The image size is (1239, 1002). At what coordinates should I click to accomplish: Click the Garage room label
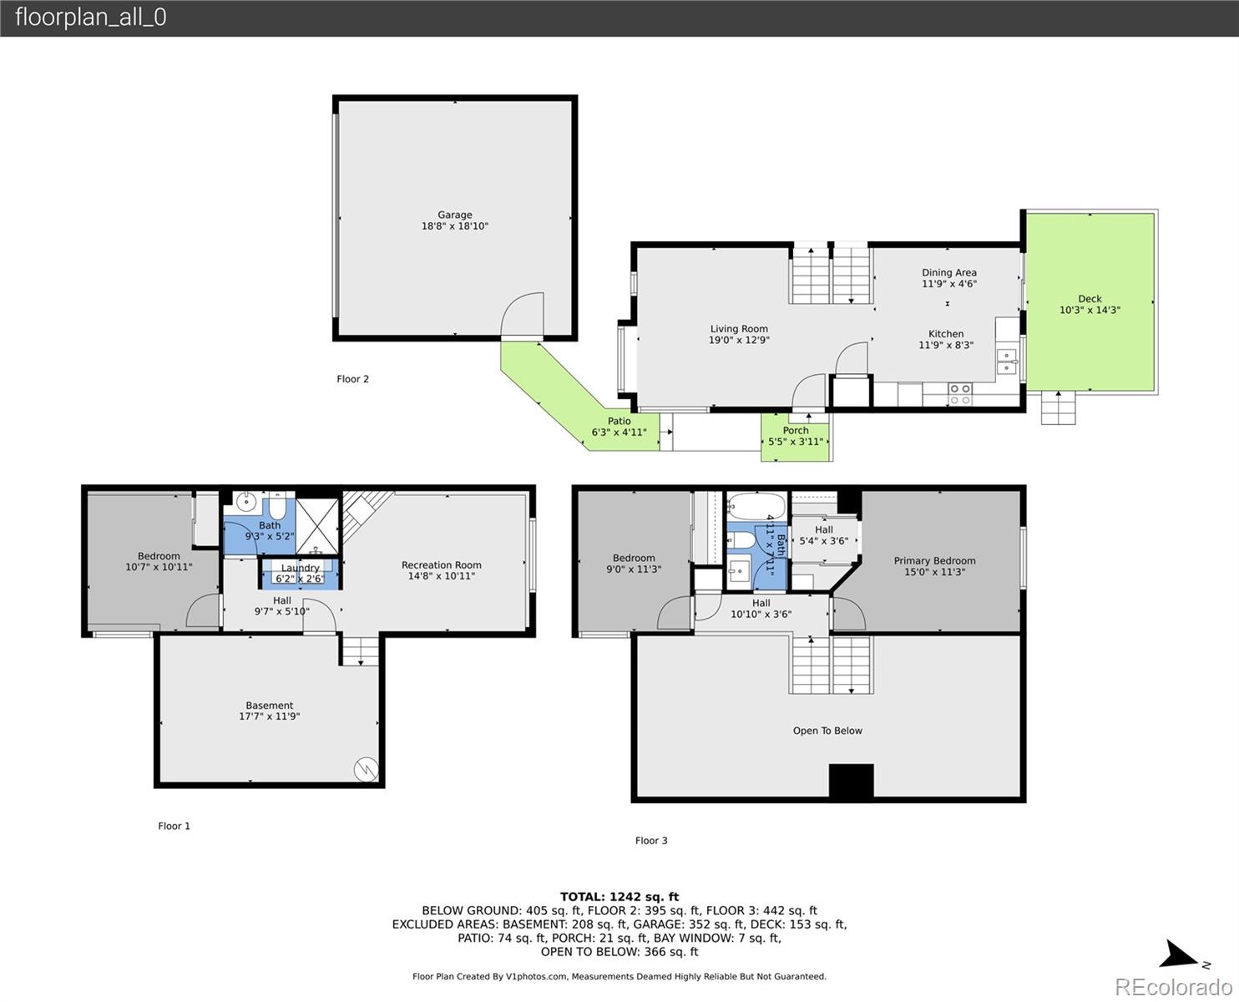[455, 215]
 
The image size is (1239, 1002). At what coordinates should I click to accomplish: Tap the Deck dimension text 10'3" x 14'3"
[1090, 310]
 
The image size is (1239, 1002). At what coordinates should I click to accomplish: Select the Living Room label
[739, 328]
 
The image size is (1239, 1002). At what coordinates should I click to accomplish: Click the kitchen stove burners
[960, 394]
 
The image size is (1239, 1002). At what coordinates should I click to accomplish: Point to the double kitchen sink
[1006, 362]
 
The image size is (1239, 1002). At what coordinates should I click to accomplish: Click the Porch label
[795, 430]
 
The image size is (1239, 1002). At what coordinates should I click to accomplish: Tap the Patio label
[619, 421]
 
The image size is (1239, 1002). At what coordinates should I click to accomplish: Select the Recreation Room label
[442, 564]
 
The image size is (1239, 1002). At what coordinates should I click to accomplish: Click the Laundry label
[301, 568]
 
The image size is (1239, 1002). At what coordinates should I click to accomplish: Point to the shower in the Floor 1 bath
[317, 526]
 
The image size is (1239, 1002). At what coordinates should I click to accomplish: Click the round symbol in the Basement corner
[367, 769]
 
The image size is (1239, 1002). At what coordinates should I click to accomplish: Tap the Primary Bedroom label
[935, 560]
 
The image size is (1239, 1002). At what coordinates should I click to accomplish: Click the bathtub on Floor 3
[756, 506]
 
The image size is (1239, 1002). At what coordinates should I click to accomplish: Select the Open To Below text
[827, 731]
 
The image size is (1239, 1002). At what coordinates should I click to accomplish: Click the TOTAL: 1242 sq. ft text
[619, 897]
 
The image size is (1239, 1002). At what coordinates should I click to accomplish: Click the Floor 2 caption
[352, 379]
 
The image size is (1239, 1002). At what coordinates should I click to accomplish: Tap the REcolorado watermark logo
[1173, 987]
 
